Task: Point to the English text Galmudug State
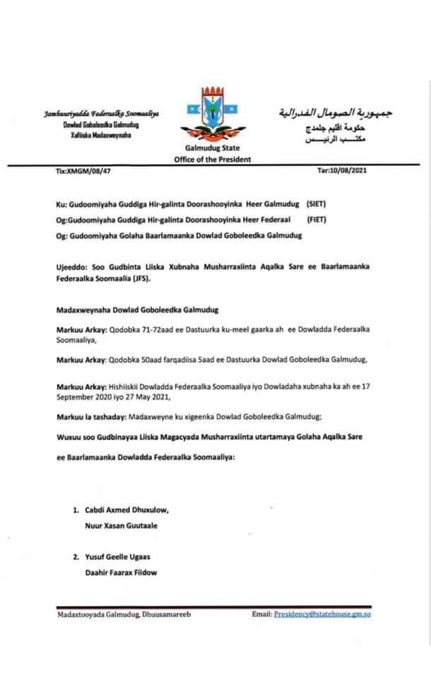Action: coord(212,149)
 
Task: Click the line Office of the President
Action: coord(212,160)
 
